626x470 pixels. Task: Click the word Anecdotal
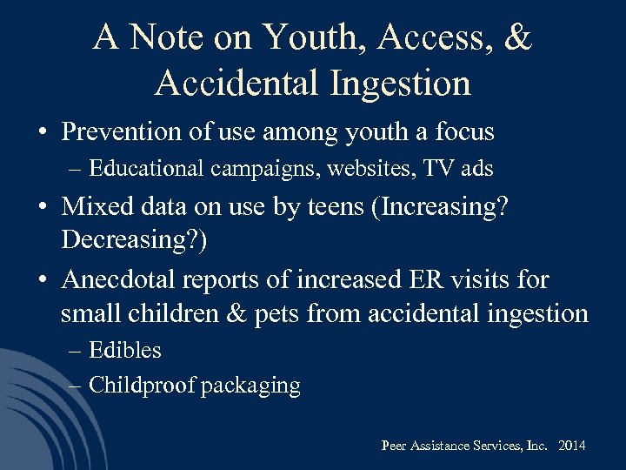pos(124,280)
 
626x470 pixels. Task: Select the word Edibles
pos(125,351)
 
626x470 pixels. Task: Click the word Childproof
pos(142,386)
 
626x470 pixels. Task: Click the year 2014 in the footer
pos(571,446)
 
